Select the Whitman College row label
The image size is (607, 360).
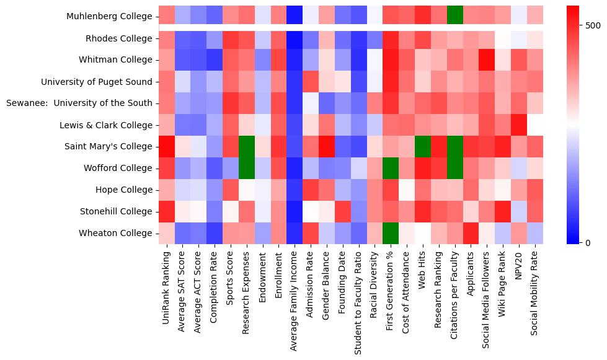[115, 60]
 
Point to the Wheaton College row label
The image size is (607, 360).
[115, 233]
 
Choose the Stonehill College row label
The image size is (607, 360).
[116, 211]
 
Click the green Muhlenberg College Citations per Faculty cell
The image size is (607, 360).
[455, 14]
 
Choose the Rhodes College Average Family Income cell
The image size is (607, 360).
[295, 38]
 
